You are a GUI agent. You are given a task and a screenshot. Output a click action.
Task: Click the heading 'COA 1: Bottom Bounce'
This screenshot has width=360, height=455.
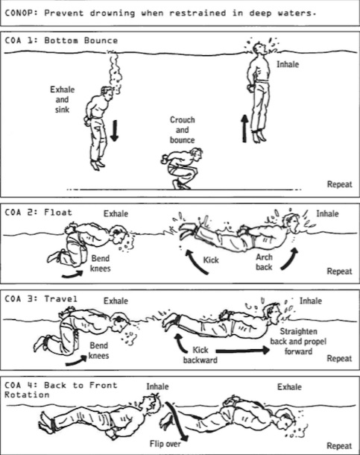pos(61,40)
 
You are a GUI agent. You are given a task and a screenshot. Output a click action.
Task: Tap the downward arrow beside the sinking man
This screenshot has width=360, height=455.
pos(115,131)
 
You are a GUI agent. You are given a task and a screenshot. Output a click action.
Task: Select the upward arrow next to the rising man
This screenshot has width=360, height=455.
pos(245,128)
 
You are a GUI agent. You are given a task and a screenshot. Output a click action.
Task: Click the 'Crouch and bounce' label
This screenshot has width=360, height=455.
pos(183,130)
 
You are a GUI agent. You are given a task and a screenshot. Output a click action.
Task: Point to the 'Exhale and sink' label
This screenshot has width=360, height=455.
pos(63,99)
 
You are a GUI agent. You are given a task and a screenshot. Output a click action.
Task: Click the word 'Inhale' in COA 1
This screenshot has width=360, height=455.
pos(288,64)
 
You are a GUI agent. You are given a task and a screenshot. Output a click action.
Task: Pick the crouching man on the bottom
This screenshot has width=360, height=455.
pos(182,169)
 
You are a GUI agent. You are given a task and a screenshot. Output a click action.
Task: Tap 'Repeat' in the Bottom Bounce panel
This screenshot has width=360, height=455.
pos(339,184)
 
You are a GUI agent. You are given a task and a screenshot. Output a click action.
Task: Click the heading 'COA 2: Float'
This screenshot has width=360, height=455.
pos(38,213)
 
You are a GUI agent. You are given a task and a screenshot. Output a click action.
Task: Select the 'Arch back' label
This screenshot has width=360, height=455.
pos(264,262)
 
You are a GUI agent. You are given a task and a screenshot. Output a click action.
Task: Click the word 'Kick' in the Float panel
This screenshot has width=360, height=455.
pos(211,260)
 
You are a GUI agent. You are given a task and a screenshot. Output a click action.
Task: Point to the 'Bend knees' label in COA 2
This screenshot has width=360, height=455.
pos(101,263)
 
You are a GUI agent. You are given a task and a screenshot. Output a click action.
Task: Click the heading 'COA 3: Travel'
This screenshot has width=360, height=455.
pos(41,299)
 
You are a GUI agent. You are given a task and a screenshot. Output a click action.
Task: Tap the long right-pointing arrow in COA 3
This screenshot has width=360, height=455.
pos(243,351)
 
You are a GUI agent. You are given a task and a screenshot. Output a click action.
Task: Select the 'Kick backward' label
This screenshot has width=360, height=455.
pos(200,355)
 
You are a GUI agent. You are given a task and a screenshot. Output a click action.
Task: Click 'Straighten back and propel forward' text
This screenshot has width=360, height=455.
pos(298,342)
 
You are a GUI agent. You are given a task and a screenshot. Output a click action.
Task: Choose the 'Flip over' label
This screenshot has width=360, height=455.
pos(165,444)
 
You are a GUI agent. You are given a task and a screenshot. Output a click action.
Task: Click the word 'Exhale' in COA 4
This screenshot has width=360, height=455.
pos(289,387)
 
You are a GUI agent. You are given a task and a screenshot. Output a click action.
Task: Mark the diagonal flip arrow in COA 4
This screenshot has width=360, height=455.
pos(177,421)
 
